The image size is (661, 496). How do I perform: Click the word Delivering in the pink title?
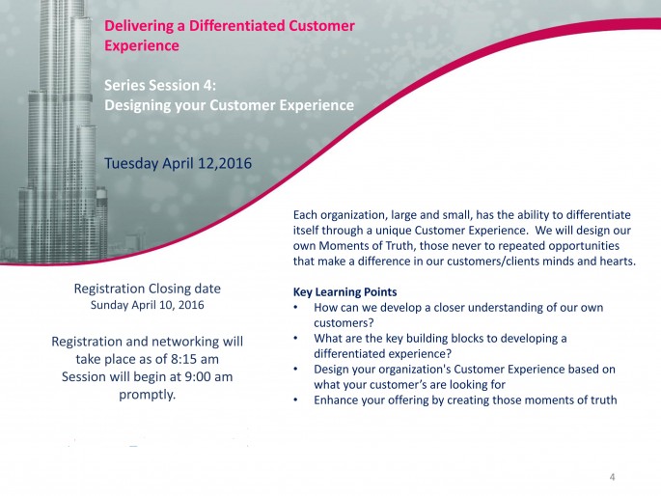(140, 26)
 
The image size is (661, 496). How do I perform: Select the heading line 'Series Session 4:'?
(160, 85)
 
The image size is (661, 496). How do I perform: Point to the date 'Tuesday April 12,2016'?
(178, 163)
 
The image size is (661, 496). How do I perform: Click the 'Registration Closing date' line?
(147, 289)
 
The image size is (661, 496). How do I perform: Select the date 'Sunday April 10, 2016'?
(147, 305)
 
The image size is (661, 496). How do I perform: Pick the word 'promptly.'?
(147, 395)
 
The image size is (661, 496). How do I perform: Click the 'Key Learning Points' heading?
(344, 292)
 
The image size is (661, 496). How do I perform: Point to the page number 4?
(612, 477)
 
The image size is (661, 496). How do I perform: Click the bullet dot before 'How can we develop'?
(296, 307)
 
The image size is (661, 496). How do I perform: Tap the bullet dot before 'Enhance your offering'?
(296, 400)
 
